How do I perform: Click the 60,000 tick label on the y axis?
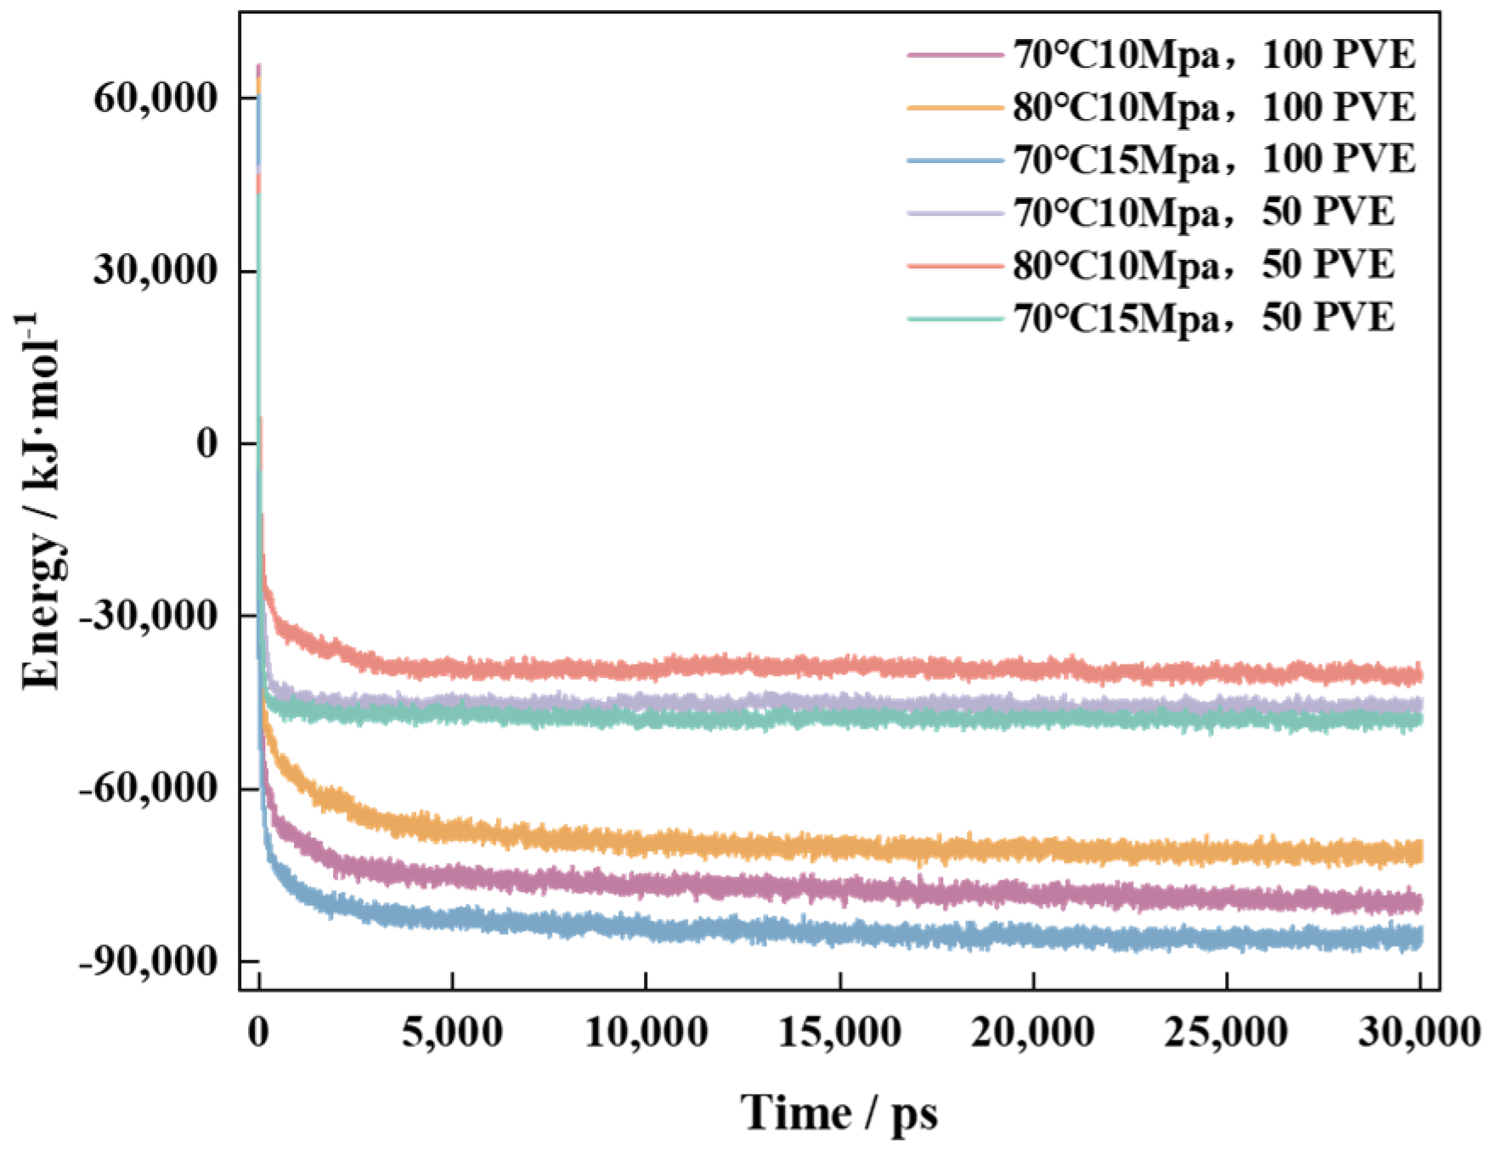[x=154, y=99]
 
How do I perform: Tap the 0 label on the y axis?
[x=206, y=443]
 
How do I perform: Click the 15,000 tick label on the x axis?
[x=839, y=1033]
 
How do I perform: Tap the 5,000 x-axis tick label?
[x=452, y=1033]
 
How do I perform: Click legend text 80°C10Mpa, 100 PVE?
[x=1214, y=108]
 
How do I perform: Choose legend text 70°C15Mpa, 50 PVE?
[x=1203, y=319]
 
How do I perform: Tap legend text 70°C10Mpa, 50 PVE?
[x=1203, y=213]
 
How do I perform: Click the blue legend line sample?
[x=955, y=161]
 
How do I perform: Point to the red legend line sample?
[x=955, y=266]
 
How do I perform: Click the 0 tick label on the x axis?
[x=259, y=1033]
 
